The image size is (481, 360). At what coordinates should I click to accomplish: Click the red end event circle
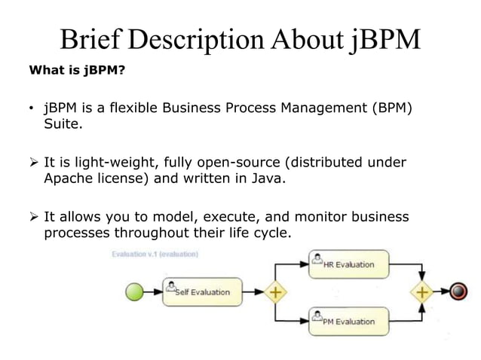coord(458,291)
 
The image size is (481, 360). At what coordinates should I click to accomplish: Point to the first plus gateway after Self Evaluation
coord(277,291)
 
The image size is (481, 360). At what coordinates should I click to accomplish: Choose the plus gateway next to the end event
coord(423,291)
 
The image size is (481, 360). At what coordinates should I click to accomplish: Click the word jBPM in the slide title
coord(385,38)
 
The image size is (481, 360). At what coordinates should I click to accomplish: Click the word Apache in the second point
coord(68,178)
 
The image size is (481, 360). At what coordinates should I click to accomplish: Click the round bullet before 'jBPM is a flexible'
coord(32,109)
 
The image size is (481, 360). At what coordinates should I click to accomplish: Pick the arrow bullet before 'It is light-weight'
coord(33,163)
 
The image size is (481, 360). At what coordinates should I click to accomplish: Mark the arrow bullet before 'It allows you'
coord(33,217)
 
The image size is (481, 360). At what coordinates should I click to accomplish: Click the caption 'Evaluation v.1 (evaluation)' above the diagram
coord(155,254)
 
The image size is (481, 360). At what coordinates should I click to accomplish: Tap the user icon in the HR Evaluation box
coord(317,262)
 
